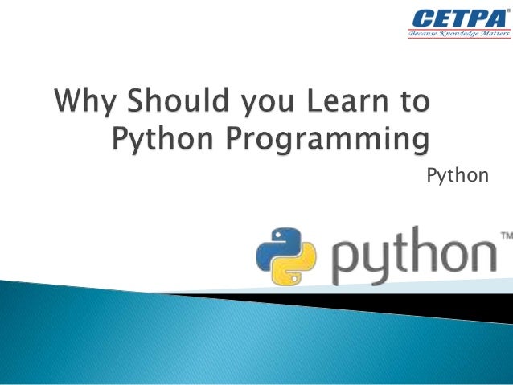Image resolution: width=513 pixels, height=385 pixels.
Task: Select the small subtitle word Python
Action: [x=457, y=174]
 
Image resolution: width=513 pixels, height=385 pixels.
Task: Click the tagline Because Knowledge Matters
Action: [x=456, y=35]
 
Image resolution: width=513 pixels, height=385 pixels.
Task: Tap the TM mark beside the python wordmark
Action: [x=506, y=236]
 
